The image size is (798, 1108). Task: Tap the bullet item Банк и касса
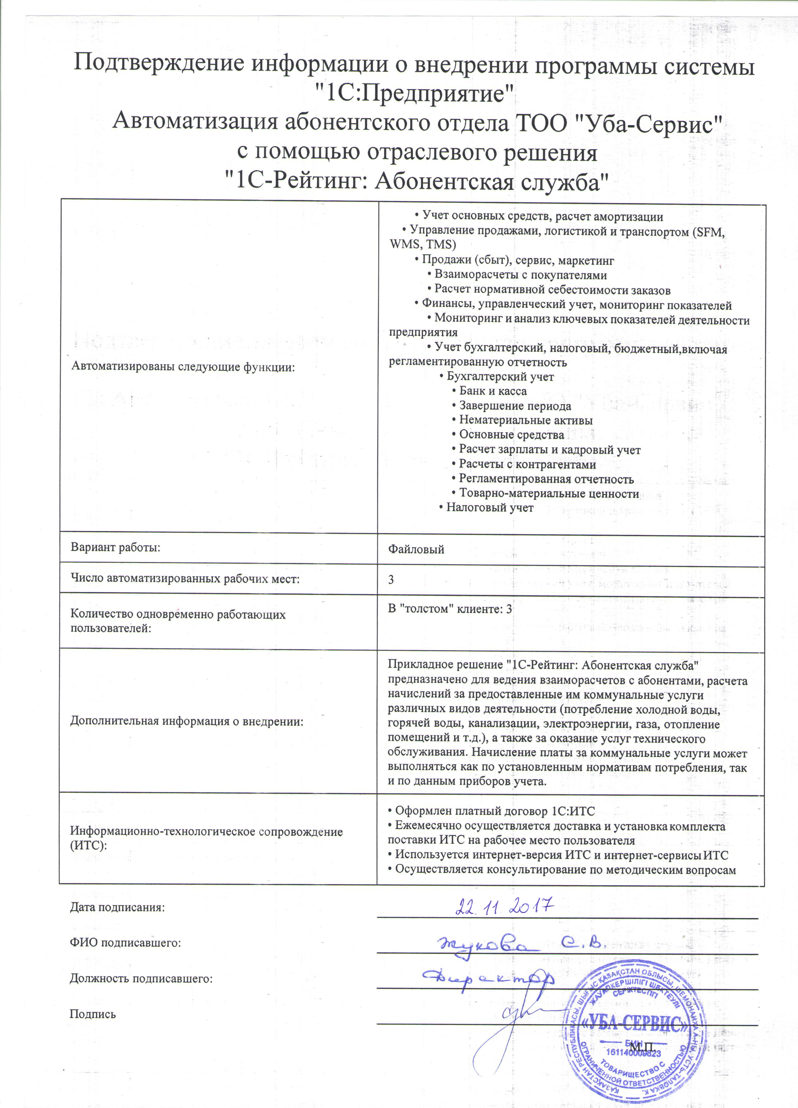tap(492, 391)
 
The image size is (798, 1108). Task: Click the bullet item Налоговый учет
tap(490, 508)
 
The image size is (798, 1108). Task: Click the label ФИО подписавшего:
tap(125, 942)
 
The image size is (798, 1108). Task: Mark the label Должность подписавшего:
tap(141, 978)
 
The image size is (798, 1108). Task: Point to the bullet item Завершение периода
tap(515, 406)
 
